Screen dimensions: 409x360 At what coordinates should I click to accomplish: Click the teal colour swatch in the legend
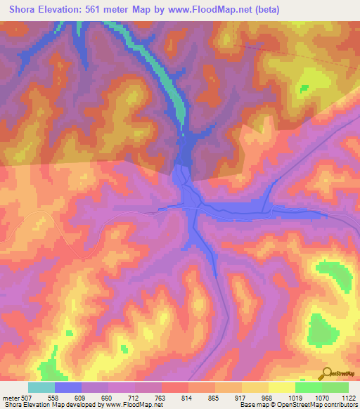(x=41, y=388)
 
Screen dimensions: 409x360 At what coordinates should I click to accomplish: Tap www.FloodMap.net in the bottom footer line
(x=134, y=404)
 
